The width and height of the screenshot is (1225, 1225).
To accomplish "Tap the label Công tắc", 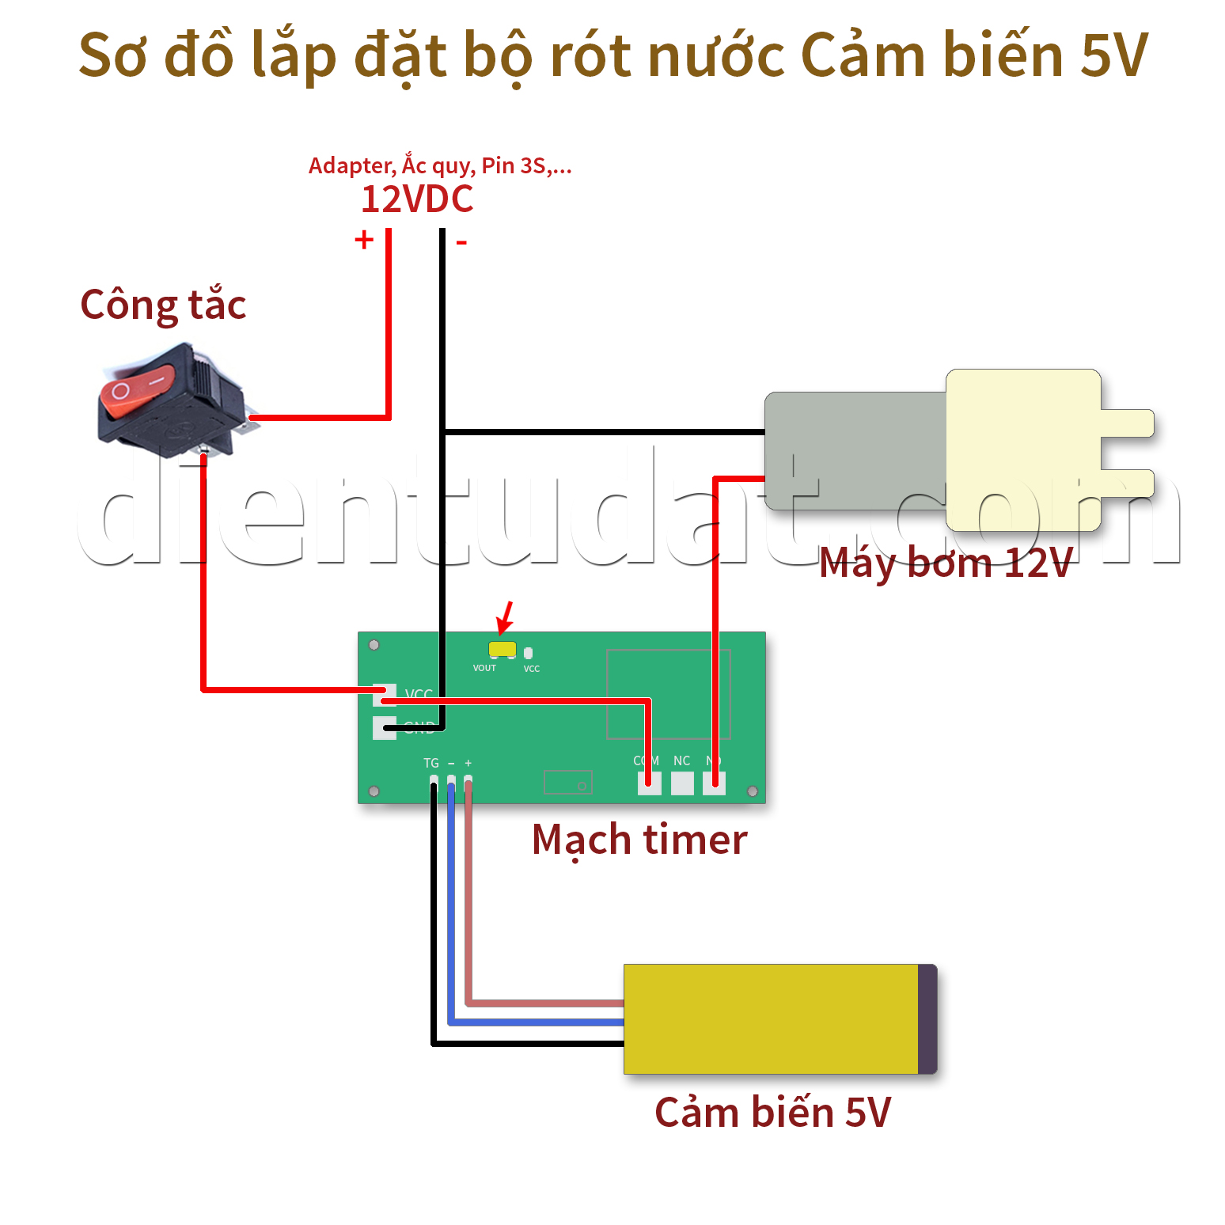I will (x=163, y=305).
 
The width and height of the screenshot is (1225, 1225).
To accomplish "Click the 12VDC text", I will (x=417, y=199).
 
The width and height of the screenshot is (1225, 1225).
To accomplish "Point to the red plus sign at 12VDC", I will (x=364, y=239).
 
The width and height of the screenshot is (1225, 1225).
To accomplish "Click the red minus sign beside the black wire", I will (x=461, y=242).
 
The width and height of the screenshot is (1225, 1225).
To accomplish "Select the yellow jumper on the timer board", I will (x=502, y=649).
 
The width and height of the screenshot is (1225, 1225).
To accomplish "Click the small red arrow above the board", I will (x=505, y=617).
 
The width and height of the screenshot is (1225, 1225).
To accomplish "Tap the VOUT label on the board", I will (x=484, y=669).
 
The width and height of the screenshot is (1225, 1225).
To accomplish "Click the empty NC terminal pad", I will (x=682, y=783).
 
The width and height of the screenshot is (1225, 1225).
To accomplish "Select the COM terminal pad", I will (x=649, y=783).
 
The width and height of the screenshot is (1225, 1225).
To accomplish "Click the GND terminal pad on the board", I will (x=384, y=727).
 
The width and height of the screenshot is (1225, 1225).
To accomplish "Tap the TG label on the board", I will (x=430, y=763).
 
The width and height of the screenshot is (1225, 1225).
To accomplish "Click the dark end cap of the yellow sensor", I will (x=927, y=1018).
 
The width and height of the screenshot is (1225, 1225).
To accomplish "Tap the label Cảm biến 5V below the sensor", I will (x=772, y=1113).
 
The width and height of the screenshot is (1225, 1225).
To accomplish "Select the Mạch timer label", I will (x=639, y=840).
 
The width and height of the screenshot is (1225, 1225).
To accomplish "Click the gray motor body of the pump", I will (x=855, y=451).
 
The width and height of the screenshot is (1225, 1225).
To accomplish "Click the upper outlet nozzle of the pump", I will (x=1127, y=423).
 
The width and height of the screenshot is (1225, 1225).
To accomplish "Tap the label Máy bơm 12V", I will (x=946, y=563).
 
